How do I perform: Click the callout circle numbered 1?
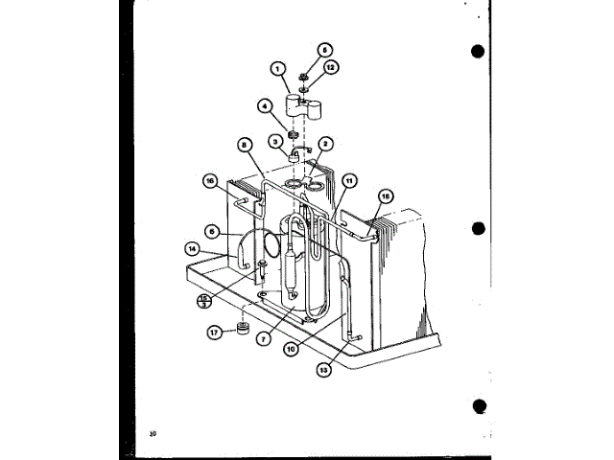click(278, 68)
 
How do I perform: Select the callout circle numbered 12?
click(331, 67)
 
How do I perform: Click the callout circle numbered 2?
click(325, 145)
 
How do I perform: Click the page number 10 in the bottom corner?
click(153, 434)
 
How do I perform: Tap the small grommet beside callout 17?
click(244, 330)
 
